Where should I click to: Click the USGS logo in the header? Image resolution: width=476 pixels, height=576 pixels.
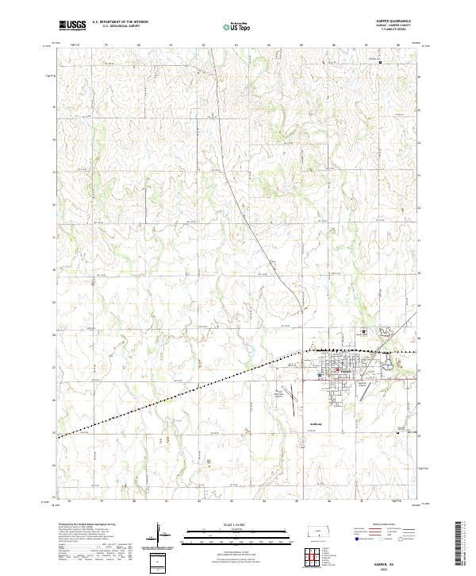[x=72, y=25]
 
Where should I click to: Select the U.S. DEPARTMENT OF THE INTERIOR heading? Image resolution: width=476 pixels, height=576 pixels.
[x=120, y=22]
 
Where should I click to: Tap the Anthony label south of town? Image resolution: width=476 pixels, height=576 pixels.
[x=314, y=423]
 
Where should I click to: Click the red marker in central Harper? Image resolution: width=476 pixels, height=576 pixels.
[x=336, y=368]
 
